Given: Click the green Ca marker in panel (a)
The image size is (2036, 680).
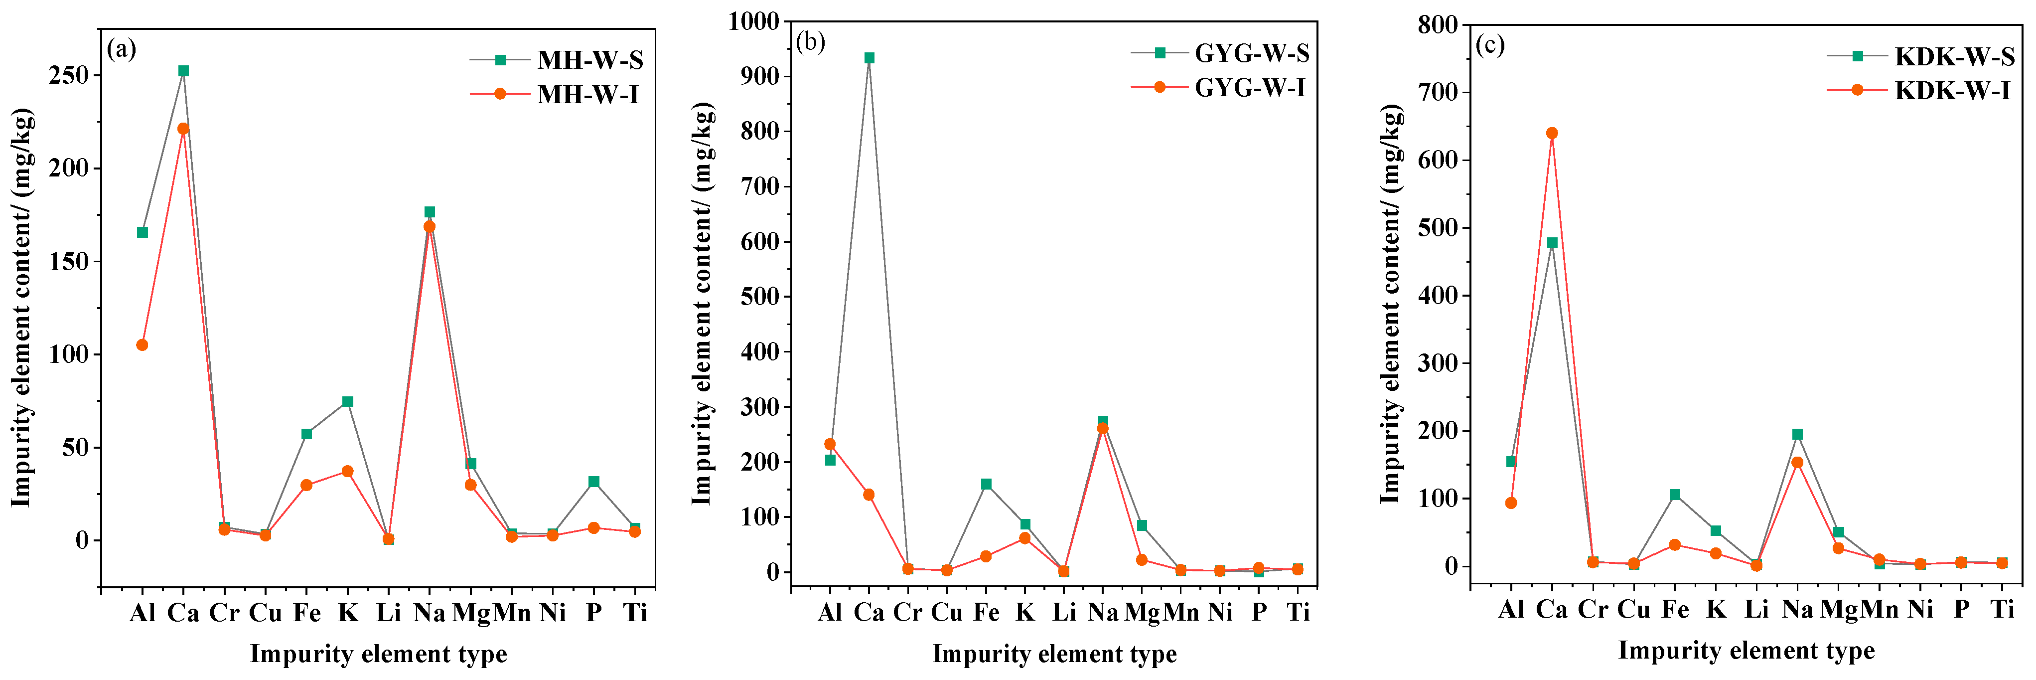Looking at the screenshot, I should [183, 70].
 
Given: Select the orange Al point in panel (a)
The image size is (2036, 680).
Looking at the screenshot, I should [143, 345].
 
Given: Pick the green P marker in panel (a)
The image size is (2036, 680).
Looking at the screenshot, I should [593, 482].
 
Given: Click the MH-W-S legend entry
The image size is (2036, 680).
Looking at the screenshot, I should [589, 60].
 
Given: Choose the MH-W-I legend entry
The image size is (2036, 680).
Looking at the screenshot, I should [587, 94].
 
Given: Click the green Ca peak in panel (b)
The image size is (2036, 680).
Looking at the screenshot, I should [870, 58].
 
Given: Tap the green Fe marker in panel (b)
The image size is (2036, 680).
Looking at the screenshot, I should [986, 484].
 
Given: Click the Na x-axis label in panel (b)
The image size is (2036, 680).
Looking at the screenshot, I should [1103, 612].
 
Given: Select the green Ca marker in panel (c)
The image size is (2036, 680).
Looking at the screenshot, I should [1552, 243].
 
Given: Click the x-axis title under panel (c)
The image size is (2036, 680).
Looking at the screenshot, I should [1746, 650].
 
